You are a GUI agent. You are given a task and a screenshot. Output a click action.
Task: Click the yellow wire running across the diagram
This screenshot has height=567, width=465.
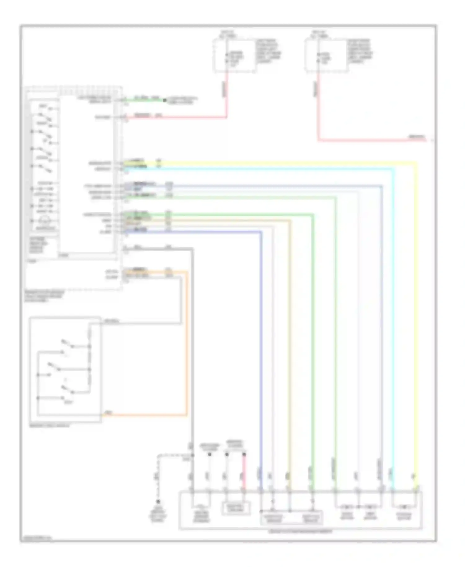279,162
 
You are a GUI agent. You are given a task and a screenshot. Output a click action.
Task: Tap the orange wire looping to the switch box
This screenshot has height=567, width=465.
187,341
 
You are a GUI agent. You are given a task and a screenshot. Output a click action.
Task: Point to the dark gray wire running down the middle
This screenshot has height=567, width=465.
192,341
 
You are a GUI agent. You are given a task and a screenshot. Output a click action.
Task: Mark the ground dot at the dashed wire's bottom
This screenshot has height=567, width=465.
158,502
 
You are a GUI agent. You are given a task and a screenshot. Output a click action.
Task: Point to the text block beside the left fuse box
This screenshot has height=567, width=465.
268,51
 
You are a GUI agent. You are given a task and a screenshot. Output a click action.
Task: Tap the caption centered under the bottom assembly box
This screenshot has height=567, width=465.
300,532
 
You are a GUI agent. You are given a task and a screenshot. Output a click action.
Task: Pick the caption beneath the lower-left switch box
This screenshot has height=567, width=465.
50,426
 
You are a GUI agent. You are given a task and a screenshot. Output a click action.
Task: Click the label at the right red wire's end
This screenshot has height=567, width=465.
417,137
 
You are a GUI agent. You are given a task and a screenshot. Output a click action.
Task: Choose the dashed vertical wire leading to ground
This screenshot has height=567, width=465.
158,478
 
